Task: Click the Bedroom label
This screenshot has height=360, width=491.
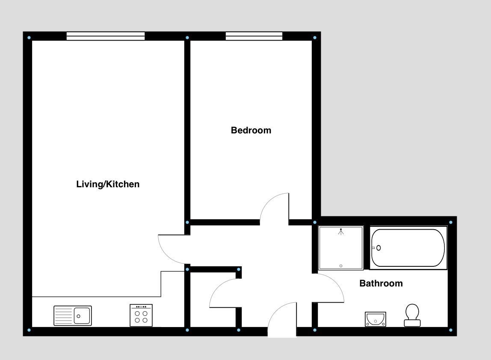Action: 251,130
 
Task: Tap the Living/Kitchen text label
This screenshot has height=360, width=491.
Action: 108,184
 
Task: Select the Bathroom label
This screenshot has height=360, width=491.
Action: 381,283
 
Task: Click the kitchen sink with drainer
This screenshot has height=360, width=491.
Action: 72,316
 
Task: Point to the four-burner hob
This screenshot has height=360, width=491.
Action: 141,315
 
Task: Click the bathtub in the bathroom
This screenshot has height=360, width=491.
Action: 408,248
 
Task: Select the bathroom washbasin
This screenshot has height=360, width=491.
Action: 376,319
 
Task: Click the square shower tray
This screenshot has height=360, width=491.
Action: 341,248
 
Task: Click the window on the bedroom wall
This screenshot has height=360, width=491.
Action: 254,36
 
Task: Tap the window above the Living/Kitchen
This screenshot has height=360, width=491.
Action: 105,36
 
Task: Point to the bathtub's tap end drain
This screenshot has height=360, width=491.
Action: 378,248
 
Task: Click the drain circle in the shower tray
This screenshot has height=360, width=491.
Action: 341,266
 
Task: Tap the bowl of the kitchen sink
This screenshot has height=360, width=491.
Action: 82,316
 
